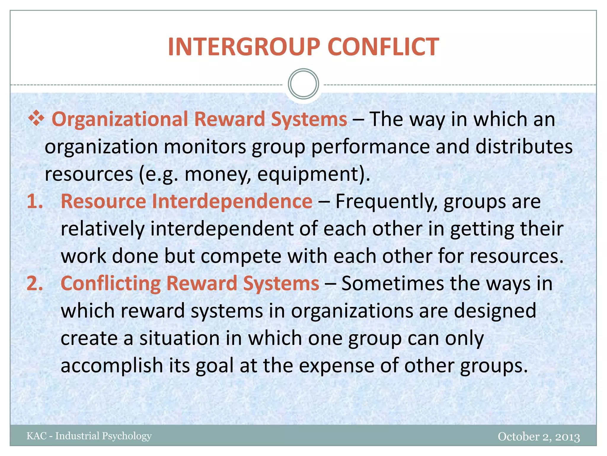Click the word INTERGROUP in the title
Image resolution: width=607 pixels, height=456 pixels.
pyautogui.click(x=244, y=47)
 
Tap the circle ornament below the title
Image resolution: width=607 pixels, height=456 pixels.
pyautogui.click(x=303, y=84)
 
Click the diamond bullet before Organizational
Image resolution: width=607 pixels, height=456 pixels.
pyautogui.click(x=36, y=118)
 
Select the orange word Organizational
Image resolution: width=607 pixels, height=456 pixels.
pyautogui.click(x=120, y=119)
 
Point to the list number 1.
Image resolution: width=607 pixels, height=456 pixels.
pyautogui.click(x=35, y=201)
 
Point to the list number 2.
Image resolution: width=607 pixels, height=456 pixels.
pyautogui.click(x=35, y=284)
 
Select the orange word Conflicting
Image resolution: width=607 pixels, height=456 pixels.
pyautogui.click(x=111, y=284)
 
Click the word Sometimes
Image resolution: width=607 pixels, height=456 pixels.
pyautogui.click(x=393, y=284)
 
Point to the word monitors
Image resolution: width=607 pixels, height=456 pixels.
pyautogui.click(x=205, y=147)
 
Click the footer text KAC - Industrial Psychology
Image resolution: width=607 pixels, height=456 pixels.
pyautogui.click(x=89, y=436)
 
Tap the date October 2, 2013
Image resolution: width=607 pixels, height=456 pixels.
pyautogui.click(x=539, y=436)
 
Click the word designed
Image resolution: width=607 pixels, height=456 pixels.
pyautogui.click(x=495, y=311)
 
